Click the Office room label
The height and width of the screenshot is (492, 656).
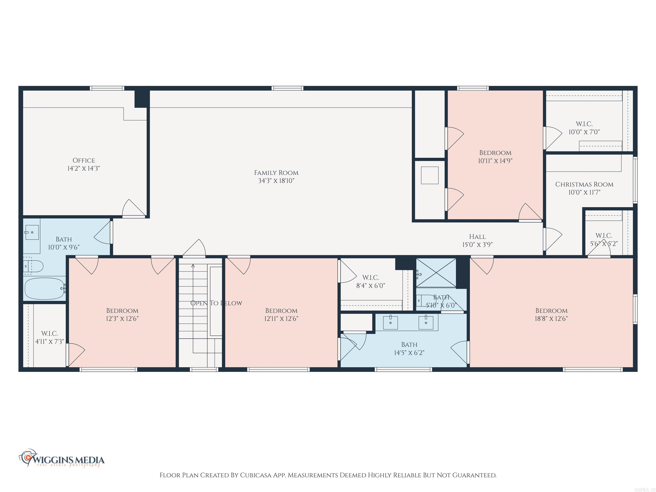tap(84, 160)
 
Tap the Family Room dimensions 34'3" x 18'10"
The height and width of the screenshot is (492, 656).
tap(276, 181)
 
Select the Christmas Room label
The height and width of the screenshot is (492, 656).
tap(584, 184)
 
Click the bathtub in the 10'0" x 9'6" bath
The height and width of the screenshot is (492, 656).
tap(44, 288)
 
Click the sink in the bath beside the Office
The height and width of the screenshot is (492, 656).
tap(32, 232)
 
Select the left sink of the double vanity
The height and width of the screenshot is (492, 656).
tap(390, 323)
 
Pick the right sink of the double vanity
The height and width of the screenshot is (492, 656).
tap(426, 323)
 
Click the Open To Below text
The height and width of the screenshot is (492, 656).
tap(216, 303)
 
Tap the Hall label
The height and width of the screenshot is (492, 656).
tap(477, 237)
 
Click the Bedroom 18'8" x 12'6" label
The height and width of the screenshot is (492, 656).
tap(551, 310)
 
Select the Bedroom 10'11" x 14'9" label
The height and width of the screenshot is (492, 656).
tap(495, 153)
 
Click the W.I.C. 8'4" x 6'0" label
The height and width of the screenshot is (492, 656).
tap(370, 278)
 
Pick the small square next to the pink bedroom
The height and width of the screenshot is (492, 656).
tap(429, 175)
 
